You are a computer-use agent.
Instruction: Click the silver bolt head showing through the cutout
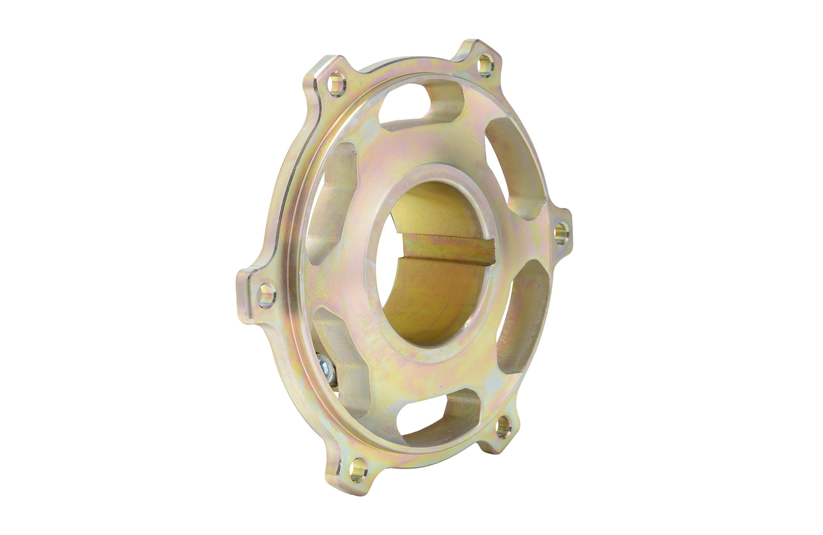coord(325,365)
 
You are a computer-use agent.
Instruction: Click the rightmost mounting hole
coord(561,232)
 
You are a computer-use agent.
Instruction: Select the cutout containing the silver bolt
coord(336,365)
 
